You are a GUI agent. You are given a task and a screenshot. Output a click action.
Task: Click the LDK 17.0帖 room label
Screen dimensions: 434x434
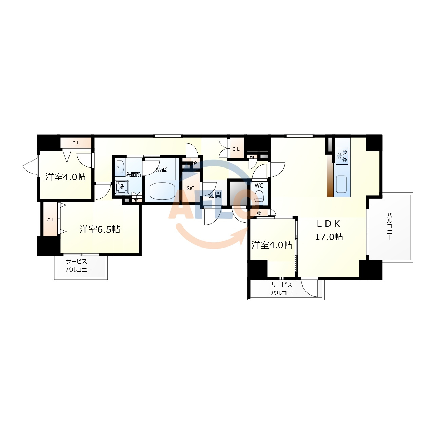(329, 231)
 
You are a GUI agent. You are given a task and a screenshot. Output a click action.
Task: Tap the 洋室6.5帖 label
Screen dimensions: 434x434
(100, 229)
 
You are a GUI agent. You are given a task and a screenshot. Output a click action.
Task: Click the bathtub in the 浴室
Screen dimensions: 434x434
(162, 191)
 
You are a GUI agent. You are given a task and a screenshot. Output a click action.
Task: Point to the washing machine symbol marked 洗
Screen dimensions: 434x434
(122, 187)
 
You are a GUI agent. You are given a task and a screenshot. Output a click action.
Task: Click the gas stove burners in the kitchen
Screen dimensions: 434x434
(342, 156)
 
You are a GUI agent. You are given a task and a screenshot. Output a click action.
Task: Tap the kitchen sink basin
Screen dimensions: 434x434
(341, 184)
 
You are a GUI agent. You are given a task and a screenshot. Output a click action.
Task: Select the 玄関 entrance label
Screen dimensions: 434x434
(214, 195)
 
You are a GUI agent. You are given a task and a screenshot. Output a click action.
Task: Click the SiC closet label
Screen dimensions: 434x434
(190, 188)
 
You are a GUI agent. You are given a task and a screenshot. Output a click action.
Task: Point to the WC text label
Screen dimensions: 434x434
(259, 185)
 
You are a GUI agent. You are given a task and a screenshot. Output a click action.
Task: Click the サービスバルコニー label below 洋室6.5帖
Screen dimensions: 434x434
(79, 265)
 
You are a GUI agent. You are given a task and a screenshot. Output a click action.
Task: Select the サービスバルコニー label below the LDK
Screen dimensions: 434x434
(284, 289)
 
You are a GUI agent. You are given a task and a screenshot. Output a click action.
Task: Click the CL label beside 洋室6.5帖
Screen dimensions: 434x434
(51, 220)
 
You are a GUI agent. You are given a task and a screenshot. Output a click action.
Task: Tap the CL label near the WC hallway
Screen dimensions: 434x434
(236, 149)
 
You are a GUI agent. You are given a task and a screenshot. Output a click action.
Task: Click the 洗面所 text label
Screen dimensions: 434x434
(133, 175)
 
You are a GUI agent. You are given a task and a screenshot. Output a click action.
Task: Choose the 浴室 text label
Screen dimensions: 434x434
(161, 169)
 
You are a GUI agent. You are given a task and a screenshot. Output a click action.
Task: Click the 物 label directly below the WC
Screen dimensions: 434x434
(259, 213)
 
